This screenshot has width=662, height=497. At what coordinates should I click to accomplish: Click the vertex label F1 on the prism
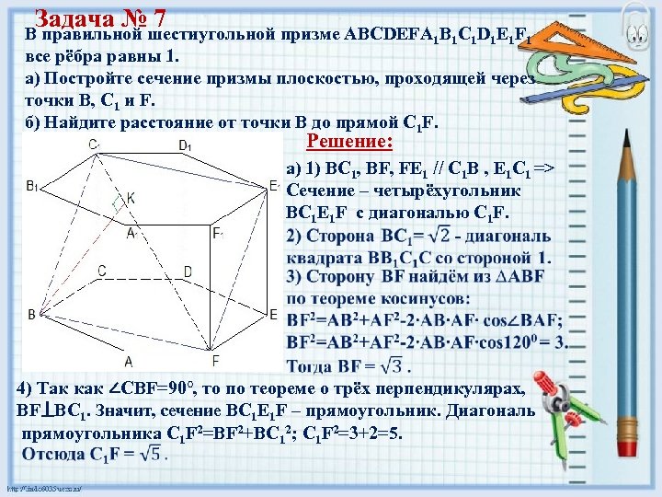218,233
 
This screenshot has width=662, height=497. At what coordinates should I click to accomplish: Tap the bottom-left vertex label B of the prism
31,315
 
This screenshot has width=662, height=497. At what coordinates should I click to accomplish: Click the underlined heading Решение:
349,143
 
